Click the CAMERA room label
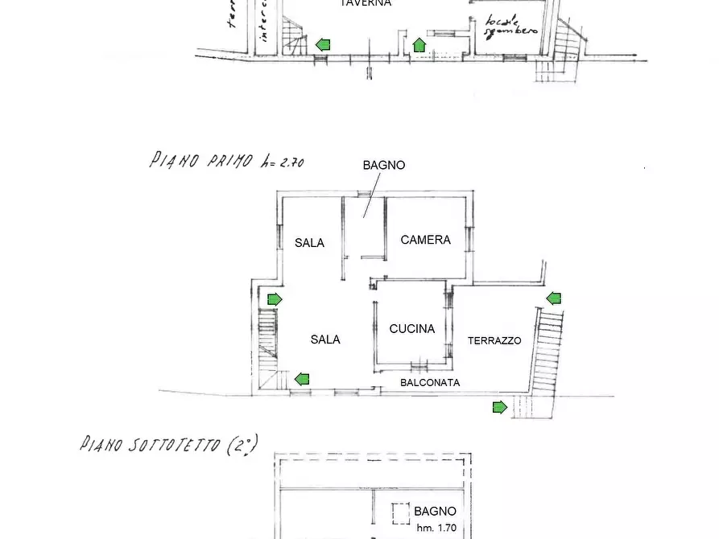coord(425,240)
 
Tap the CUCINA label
coord(411,328)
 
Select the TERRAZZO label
coord(494,341)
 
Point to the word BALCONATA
coord(430,383)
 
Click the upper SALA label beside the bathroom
coord(309,243)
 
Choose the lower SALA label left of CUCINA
coord(325,339)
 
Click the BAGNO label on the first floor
coord(384,165)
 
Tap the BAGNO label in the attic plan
coord(435,511)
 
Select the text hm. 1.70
coord(436,528)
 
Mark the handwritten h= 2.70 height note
coord(283,161)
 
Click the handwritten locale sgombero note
coord(511,27)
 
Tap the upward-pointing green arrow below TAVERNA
coord(419,45)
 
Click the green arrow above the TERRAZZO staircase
coord(554,298)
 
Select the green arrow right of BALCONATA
coord(499,407)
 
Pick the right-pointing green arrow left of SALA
coord(275,299)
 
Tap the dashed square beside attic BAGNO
coord(401,513)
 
